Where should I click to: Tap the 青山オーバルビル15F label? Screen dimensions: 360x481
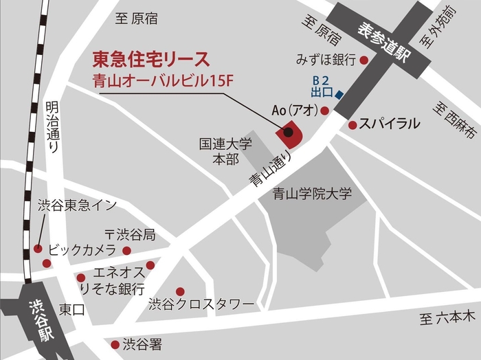point(164,80)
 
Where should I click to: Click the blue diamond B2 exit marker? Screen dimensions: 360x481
point(339,95)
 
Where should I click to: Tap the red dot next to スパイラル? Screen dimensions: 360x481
point(353,125)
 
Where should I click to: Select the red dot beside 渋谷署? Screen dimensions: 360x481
point(115,344)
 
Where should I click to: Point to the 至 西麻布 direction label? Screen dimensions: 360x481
point(449,118)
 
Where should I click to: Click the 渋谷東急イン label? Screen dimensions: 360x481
point(77,205)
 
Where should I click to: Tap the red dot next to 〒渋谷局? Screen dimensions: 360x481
point(126,251)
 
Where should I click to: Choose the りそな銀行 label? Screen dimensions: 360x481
point(112,288)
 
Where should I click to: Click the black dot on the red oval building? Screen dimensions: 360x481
point(289,132)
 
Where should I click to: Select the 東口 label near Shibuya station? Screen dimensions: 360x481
point(71,309)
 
